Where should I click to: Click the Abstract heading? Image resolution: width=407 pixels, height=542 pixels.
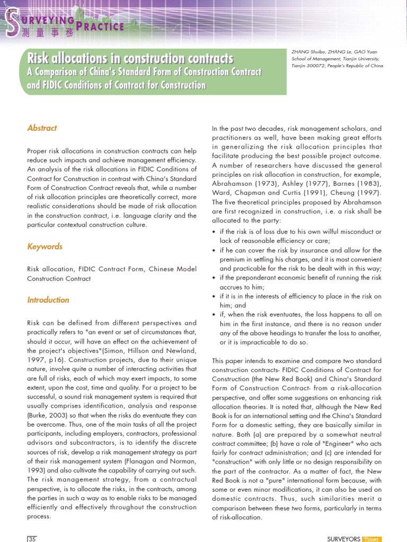42,128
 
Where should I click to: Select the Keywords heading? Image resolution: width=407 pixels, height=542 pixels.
45,247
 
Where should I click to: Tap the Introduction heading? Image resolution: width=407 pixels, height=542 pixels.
48,300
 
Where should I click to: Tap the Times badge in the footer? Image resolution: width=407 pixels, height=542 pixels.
371,539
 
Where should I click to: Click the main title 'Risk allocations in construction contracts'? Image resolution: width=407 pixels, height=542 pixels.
130,58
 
